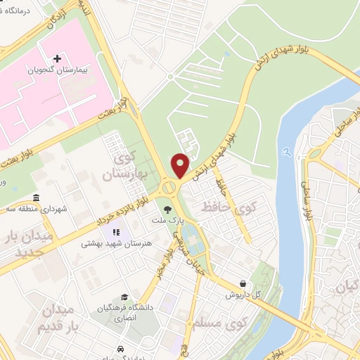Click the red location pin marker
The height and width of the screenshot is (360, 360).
pyautogui.click(x=180, y=165)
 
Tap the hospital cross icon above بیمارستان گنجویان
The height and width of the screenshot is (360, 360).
pyautogui.click(x=58, y=58)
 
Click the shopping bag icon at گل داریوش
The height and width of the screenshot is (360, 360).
pyautogui.click(x=243, y=284)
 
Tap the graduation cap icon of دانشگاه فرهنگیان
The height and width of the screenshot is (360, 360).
pyautogui.click(x=124, y=297)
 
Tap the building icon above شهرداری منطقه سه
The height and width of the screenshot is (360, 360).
pyautogui.click(x=36, y=198)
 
